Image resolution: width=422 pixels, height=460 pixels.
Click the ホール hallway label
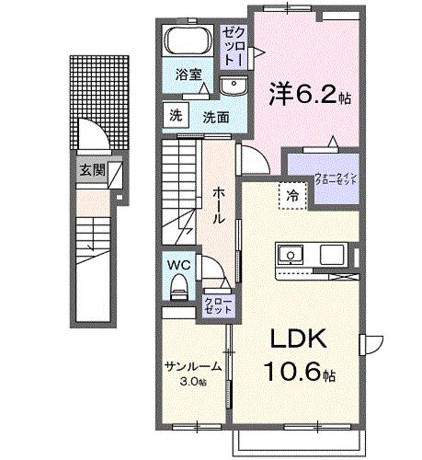click(x=221, y=195)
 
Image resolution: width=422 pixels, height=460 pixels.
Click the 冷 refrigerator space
click(x=292, y=195)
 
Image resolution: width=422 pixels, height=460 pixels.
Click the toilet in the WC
click(x=178, y=286)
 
